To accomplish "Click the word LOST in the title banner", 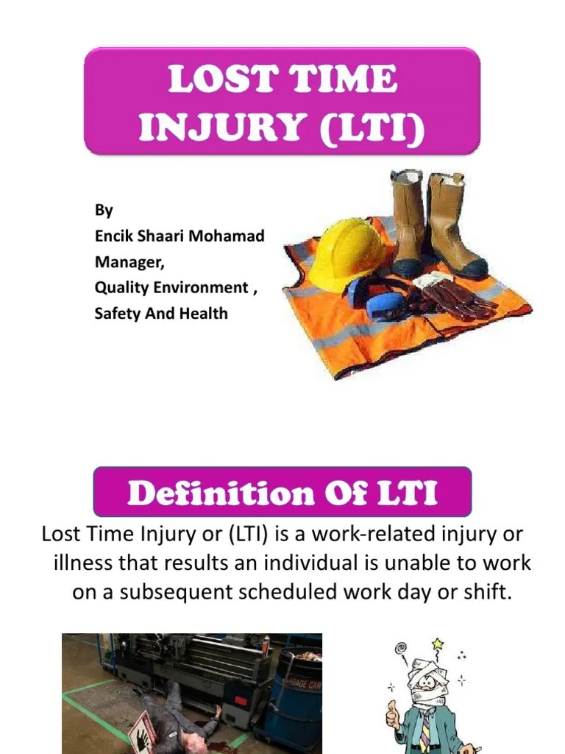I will tap(210, 80).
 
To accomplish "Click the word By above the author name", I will tap(104, 210).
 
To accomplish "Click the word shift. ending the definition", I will tap(486, 593).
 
